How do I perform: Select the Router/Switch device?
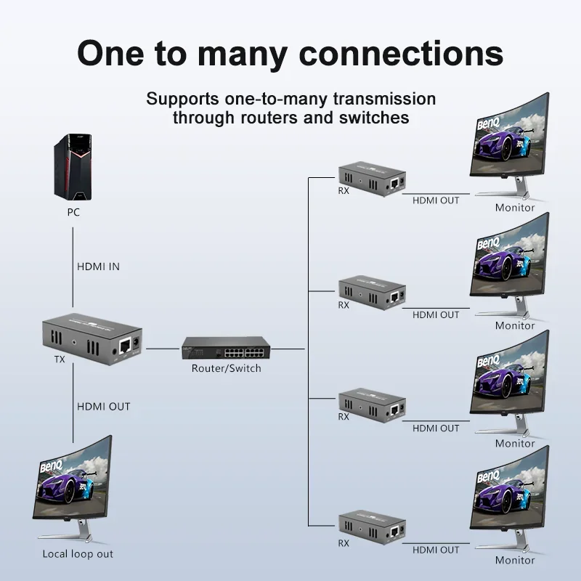[225, 349]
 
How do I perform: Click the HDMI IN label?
[98, 267]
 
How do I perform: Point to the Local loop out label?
[78, 554]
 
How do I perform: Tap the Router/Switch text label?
[226, 368]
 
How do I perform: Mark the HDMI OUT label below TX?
[104, 406]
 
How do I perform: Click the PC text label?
[73, 213]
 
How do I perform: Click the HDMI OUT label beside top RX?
[436, 200]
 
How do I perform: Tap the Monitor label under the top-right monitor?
[515, 208]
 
